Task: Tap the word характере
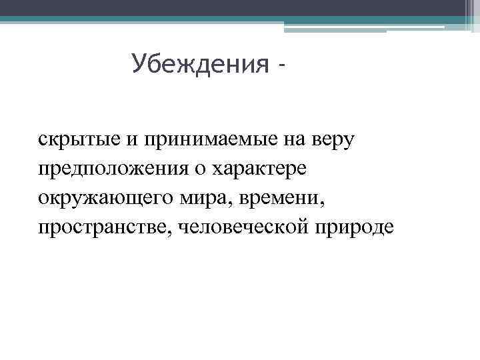click(259, 169)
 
